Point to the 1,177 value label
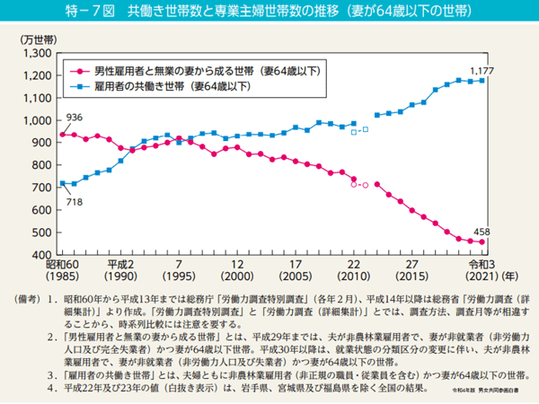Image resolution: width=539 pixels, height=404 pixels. [x=482, y=70]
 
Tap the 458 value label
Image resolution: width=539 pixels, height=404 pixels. [x=482, y=232]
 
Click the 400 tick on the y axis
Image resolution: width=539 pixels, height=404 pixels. [x=40, y=255]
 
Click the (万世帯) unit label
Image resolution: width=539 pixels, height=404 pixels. [x=36, y=40]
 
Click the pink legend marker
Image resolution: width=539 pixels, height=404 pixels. [x=79, y=69]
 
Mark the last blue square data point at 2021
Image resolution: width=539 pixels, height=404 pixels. [x=482, y=81]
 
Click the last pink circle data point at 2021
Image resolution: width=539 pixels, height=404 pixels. [x=482, y=242]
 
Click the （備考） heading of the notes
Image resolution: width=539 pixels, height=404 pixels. [x=22, y=297]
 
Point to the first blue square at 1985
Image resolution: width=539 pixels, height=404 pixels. [x=61, y=183]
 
